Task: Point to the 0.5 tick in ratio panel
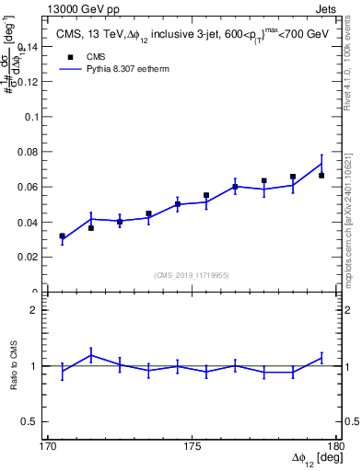(32, 421)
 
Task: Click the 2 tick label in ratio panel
(38, 311)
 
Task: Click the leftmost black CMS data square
(62, 236)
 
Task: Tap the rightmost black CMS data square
(321, 175)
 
